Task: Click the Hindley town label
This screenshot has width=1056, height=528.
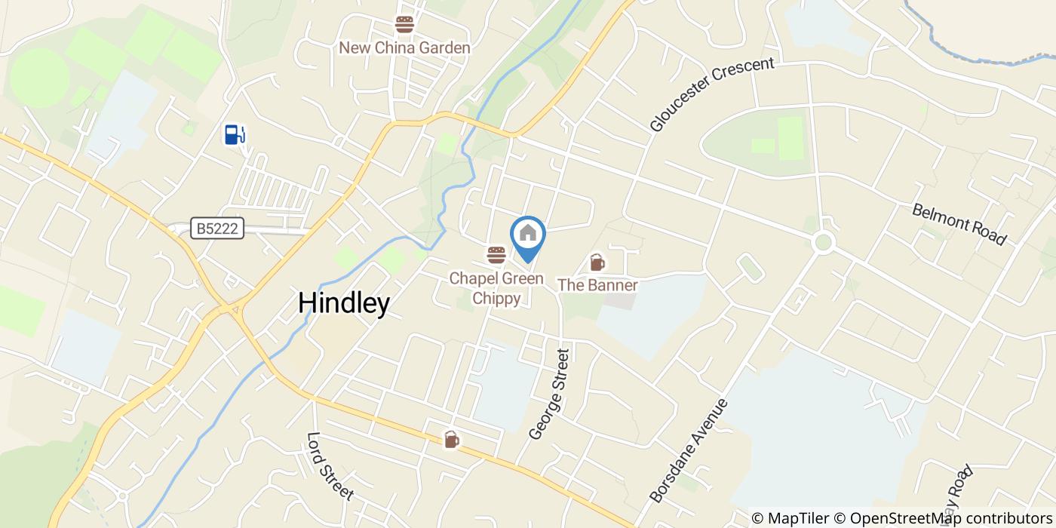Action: (x=344, y=303)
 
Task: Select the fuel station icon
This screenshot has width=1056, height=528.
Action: (x=235, y=134)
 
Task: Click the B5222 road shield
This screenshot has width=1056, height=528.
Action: (x=217, y=229)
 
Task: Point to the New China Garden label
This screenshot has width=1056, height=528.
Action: (x=404, y=48)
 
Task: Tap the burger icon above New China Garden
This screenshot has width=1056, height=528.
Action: (x=405, y=25)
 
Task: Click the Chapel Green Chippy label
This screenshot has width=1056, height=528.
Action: (x=496, y=288)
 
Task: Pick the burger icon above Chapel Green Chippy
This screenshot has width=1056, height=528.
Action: (x=496, y=255)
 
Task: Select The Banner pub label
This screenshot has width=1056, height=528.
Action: (x=597, y=285)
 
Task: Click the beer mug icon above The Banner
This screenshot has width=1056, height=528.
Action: (x=597, y=262)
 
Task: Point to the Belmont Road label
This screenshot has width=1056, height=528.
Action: (x=959, y=224)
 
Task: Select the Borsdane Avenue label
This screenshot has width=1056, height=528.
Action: (x=689, y=450)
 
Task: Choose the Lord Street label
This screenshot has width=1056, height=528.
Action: (x=330, y=465)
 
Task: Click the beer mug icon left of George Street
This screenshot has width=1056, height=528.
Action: (x=451, y=439)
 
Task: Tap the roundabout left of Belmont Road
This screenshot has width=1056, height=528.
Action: (x=823, y=242)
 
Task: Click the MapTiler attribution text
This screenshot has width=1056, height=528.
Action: (x=789, y=518)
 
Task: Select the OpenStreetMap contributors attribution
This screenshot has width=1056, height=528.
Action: (x=942, y=518)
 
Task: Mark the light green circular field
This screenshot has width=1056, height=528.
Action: (x=39, y=77)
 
